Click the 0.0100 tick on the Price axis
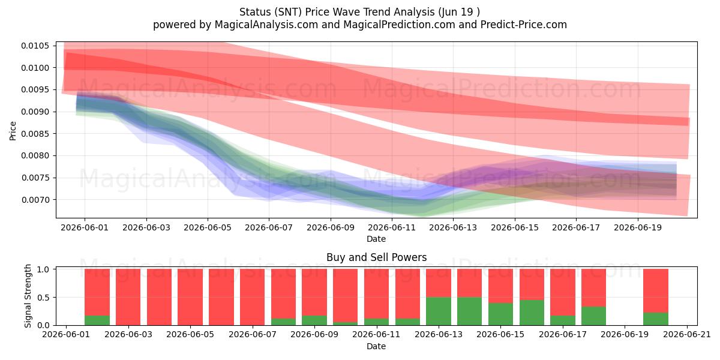(35, 68)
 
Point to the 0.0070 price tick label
(35, 200)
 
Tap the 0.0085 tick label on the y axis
(35, 134)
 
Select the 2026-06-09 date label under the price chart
(331, 227)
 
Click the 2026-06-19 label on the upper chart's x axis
(638, 227)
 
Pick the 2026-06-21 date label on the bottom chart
(687, 334)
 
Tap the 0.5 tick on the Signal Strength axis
(43, 298)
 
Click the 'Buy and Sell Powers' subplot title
(376, 257)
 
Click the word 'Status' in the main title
(254, 12)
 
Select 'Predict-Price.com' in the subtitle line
(524, 25)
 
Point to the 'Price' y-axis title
(13, 131)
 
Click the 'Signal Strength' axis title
(28, 296)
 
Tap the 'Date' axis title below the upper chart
(376, 239)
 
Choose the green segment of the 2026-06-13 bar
(439, 311)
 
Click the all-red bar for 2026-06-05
(190, 297)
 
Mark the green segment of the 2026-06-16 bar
(532, 313)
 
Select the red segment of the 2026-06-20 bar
(656, 290)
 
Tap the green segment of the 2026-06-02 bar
(97, 320)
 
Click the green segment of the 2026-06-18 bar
(593, 316)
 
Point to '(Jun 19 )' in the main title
(458, 12)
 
